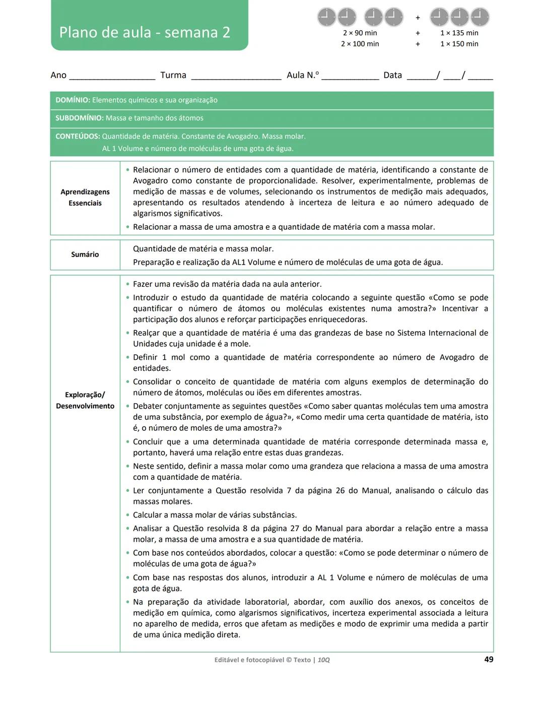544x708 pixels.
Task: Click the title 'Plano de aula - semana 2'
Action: [x=145, y=32]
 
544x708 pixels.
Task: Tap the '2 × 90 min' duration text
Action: [x=360, y=33]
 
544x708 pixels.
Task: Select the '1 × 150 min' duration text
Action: [x=459, y=44]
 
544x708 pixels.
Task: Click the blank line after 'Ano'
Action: [x=112, y=77]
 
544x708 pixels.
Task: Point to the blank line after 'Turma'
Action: [x=236, y=77]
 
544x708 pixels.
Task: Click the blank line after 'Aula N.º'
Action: [x=350, y=77]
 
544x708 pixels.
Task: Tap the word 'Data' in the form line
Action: [x=392, y=75]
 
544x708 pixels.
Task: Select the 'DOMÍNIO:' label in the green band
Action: [x=73, y=100]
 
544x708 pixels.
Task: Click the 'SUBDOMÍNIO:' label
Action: [x=79, y=118]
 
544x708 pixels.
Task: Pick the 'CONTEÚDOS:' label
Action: [x=78, y=136]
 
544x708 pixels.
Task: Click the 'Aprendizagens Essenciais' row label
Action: [x=85, y=198]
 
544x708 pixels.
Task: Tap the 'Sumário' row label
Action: [x=85, y=254]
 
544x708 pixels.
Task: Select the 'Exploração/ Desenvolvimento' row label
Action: [x=85, y=400]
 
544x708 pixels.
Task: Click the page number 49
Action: [x=488, y=659]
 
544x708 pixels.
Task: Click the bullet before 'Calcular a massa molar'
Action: [x=128, y=515]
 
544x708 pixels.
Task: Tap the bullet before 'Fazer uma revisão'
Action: [x=128, y=284]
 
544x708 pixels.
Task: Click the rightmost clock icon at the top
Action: [x=480, y=17]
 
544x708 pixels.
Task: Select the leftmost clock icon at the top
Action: [x=326, y=17]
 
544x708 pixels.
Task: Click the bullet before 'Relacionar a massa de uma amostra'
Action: [x=128, y=227]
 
